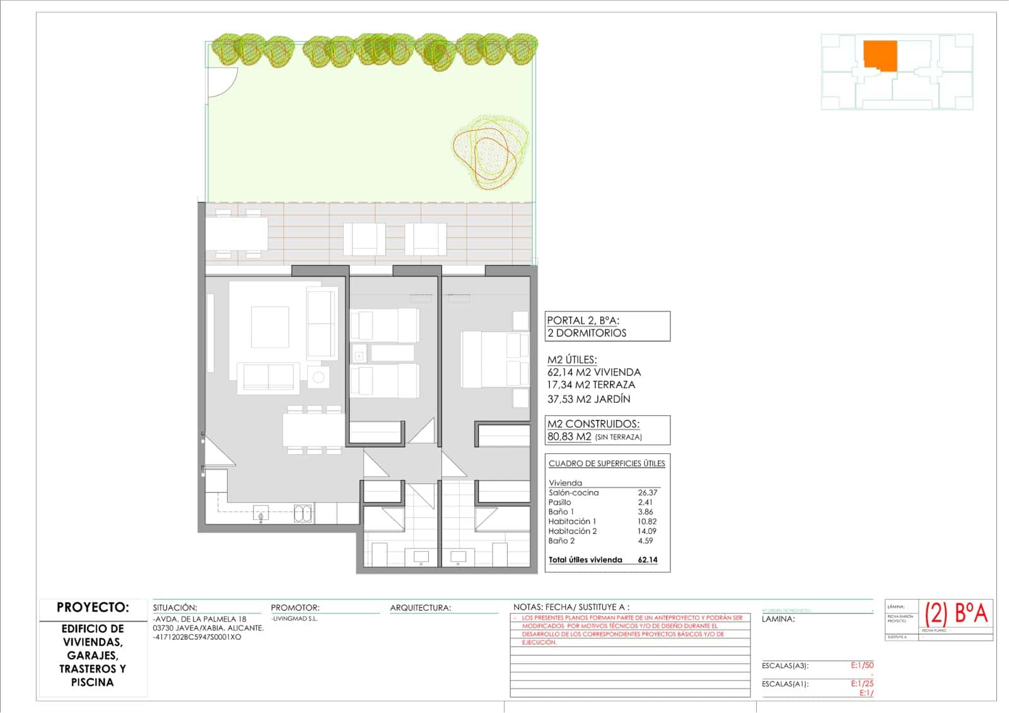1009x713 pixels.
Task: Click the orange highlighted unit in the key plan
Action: pyautogui.click(x=880, y=55)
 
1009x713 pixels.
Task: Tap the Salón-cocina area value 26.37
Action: pyautogui.click(x=647, y=492)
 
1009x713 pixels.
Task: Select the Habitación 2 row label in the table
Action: pyautogui.click(x=572, y=531)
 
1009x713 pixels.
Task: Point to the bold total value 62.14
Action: pyautogui.click(x=648, y=559)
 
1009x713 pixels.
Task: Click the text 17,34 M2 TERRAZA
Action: pyautogui.click(x=591, y=385)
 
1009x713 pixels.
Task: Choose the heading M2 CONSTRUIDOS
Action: pyautogui.click(x=593, y=424)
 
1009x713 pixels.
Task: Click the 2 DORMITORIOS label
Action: pyautogui.click(x=587, y=333)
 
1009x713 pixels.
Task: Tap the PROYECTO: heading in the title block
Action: pyautogui.click(x=93, y=607)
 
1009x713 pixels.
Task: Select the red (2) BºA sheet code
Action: pyautogui.click(x=956, y=613)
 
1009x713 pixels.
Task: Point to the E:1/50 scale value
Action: pyautogui.click(x=862, y=665)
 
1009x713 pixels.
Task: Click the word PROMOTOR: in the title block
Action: pyautogui.click(x=295, y=608)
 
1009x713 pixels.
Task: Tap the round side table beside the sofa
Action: pyautogui.click(x=318, y=377)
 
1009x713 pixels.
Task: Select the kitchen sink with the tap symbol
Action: pyautogui.click(x=260, y=514)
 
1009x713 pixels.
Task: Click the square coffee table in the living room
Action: pyautogui.click(x=270, y=327)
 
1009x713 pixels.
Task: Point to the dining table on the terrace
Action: pyautogui.click(x=237, y=233)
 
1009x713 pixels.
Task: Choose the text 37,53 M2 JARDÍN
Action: pyautogui.click(x=588, y=398)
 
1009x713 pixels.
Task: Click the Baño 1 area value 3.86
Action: pyautogui.click(x=645, y=512)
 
